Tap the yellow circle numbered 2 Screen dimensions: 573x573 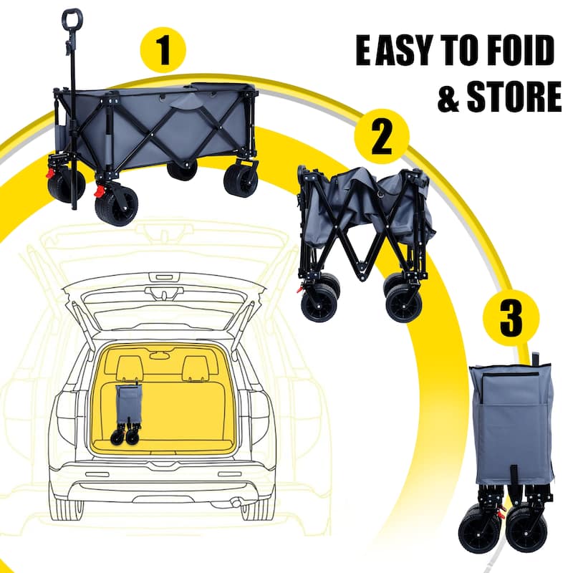382,138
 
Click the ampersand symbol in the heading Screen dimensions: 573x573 448,99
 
